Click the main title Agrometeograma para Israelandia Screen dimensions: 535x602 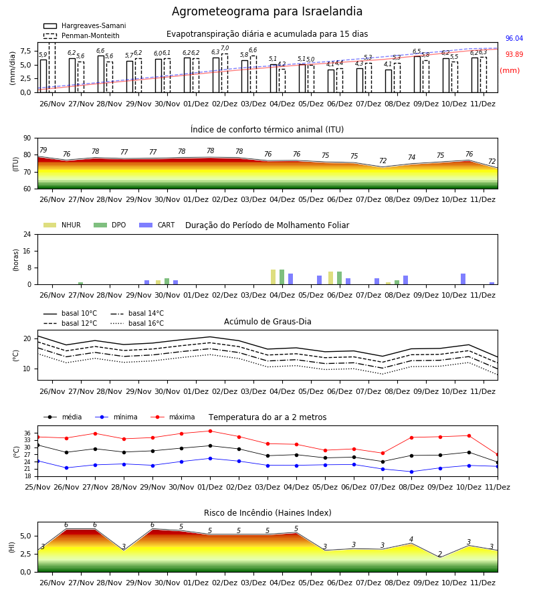click(267, 11)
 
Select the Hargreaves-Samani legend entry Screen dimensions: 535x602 click(84, 25)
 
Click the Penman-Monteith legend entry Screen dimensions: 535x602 click(82, 35)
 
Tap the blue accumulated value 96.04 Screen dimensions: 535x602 click(514, 38)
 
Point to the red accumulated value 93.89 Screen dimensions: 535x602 click(514, 54)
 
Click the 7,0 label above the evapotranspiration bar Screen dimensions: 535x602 click(225, 48)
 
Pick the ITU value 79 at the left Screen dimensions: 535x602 click(43, 150)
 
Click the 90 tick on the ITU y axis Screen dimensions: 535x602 click(27, 138)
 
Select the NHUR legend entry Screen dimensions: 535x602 click(62, 225)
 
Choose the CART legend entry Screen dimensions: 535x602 click(157, 225)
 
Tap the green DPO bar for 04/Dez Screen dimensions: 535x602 click(282, 277)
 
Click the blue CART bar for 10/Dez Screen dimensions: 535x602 click(463, 279)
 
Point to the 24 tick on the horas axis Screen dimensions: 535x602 click(27, 235)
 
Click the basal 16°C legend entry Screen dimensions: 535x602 click(137, 323)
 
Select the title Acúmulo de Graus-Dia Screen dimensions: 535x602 click(267, 322)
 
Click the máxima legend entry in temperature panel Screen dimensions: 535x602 click(173, 417)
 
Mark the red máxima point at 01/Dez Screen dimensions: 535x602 click(210, 431)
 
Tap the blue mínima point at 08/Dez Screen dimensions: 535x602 click(412, 472)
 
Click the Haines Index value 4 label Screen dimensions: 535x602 click(411, 539)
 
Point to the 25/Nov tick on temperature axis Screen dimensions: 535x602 click(37, 487)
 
